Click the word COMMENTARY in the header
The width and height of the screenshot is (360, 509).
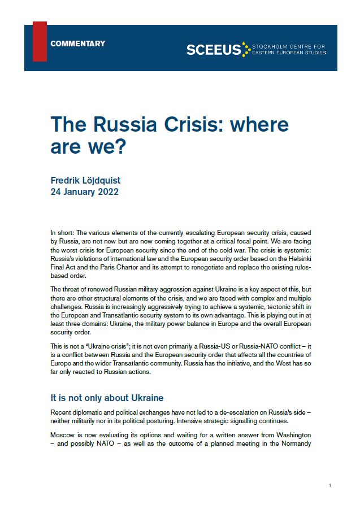coord(77,43)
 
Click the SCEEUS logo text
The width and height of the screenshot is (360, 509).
coord(213,50)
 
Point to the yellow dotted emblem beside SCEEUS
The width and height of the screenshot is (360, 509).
coord(245,50)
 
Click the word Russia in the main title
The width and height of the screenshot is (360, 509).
coord(117,124)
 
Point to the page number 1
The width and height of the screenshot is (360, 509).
coord(329,485)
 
